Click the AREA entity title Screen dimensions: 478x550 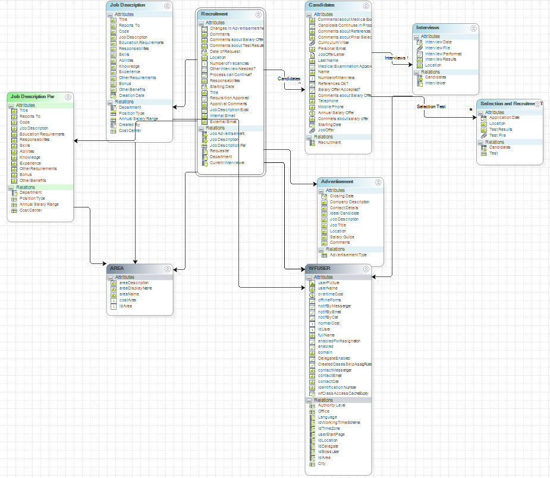(118, 269)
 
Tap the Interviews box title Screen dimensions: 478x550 (428, 28)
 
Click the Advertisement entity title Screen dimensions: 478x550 (337, 181)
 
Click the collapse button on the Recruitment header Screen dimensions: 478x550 (258, 14)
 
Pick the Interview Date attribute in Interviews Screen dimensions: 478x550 (439, 42)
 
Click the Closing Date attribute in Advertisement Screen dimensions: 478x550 (342, 196)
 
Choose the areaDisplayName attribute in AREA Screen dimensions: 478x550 (136, 288)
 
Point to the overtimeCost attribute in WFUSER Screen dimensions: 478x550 (331, 294)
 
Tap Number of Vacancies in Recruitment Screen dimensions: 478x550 (229, 63)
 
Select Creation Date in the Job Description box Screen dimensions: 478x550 (131, 95)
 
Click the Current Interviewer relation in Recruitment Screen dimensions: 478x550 (227, 162)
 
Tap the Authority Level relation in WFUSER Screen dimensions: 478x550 (332, 405)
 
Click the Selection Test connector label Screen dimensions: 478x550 (431, 106)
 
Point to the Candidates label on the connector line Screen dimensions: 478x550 (289, 78)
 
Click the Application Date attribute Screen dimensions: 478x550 (504, 118)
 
